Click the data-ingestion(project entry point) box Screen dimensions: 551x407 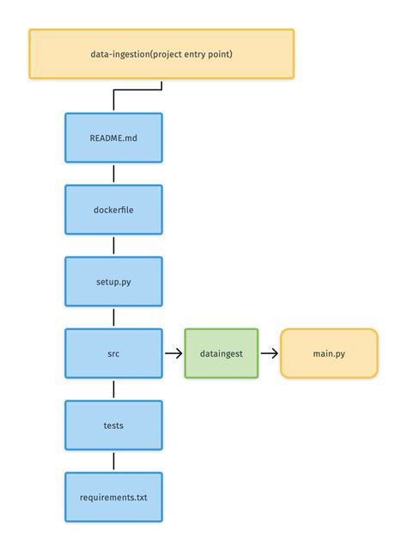(x=161, y=54)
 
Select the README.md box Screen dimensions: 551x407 (x=113, y=138)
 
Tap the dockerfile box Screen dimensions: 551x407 (x=113, y=210)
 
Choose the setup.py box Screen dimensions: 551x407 (x=113, y=281)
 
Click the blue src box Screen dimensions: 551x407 (x=113, y=352)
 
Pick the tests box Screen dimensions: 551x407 (x=113, y=425)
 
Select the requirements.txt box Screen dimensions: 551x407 (x=113, y=496)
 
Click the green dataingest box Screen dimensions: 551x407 (x=221, y=352)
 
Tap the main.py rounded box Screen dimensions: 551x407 (x=329, y=352)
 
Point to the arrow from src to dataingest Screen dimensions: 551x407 (x=173, y=352)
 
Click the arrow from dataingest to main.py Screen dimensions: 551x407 (x=269, y=352)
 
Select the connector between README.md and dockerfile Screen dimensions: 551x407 (x=113, y=174)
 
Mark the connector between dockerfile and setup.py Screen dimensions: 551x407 (x=113, y=245)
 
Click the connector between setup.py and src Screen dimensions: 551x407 (x=113, y=317)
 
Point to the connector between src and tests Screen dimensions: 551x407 (x=113, y=389)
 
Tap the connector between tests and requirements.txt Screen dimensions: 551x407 (x=113, y=460)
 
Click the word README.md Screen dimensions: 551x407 (x=113, y=138)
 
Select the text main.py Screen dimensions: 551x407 (x=329, y=352)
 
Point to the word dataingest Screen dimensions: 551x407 (x=221, y=352)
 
